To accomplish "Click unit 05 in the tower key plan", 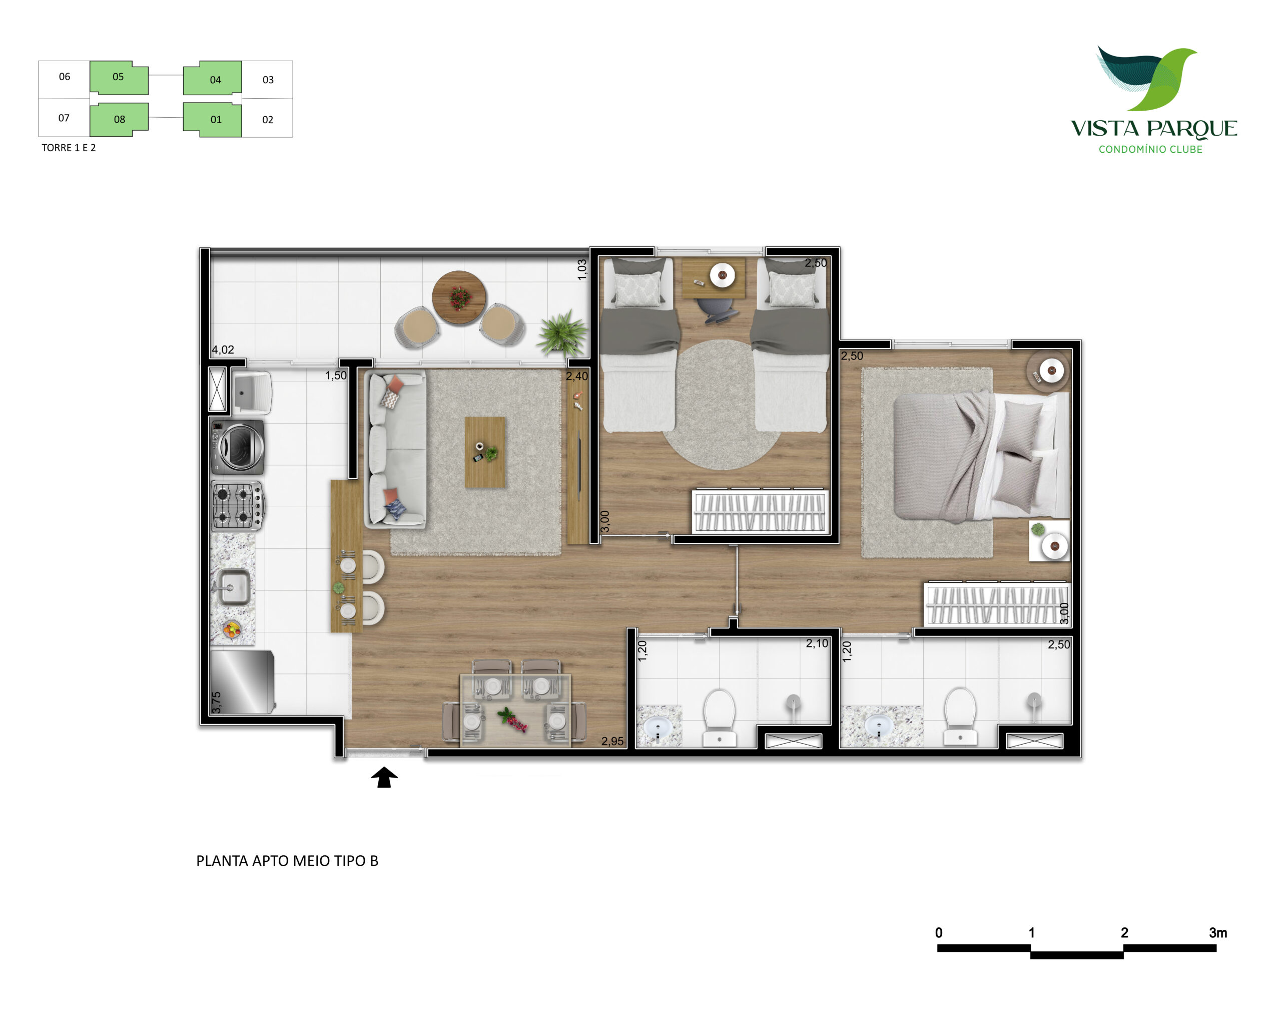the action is pos(119,78).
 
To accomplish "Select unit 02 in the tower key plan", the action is pos(268,120).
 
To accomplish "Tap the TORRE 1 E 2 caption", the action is pos(69,148).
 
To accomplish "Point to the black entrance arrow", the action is pos(384,777).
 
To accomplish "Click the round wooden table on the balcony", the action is pos(459,297).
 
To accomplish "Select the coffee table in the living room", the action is pos(484,452).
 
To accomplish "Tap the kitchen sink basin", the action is pos(233,587).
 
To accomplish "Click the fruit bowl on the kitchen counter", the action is pos(232,628).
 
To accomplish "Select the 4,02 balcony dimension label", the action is pos(223,350).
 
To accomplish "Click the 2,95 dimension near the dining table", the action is pos(612,741).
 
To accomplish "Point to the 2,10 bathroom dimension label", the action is pos(817,643).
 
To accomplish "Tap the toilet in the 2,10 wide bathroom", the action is pos(719,717).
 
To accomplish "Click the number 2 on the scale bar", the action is pos(1124,933).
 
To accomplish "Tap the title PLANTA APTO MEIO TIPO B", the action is pos(288,861).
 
